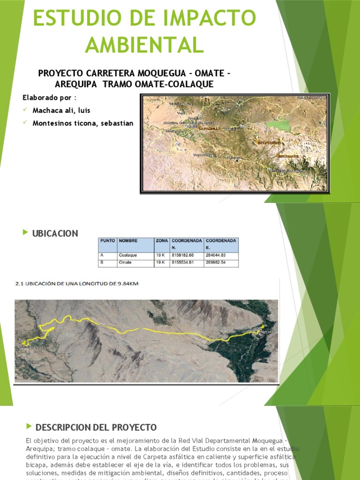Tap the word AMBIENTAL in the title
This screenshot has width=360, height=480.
click(144, 45)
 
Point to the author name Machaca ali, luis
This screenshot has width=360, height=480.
click(61, 111)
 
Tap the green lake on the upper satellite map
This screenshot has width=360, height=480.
click(278, 125)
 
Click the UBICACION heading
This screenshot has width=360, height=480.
click(55, 233)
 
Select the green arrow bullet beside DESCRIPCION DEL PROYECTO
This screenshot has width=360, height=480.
click(30, 426)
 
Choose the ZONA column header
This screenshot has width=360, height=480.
click(162, 240)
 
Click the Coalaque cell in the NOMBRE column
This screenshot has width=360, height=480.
click(127, 255)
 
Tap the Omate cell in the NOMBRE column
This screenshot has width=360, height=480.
click(125, 262)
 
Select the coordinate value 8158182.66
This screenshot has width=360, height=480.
click(183, 255)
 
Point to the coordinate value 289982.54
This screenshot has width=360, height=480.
click(216, 262)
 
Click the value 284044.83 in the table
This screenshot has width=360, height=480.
click(216, 255)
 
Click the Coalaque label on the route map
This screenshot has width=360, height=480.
click(34, 347)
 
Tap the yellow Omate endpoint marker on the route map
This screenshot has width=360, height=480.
click(262, 326)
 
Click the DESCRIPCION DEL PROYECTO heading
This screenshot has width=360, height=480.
click(96, 427)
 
